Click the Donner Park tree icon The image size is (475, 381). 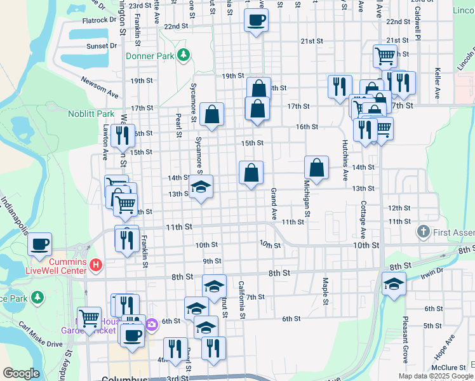coord(184,55)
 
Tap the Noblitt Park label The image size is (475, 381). coord(91,114)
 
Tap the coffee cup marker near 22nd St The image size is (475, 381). coord(256,20)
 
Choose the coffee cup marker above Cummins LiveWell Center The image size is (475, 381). coord(39,244)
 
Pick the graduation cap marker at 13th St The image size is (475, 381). coord(201,187)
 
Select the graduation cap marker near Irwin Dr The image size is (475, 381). coord(394,283)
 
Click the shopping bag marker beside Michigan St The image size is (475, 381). coord(316,168)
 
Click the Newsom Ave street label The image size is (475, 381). coord(100,86)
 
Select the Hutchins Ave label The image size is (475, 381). coord(345,161)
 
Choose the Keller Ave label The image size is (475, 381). coord(438,84)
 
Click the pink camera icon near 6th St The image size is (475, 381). coord(152,325)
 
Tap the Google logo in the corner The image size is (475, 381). coord(22,373)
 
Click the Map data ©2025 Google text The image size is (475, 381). coord(436,376)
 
